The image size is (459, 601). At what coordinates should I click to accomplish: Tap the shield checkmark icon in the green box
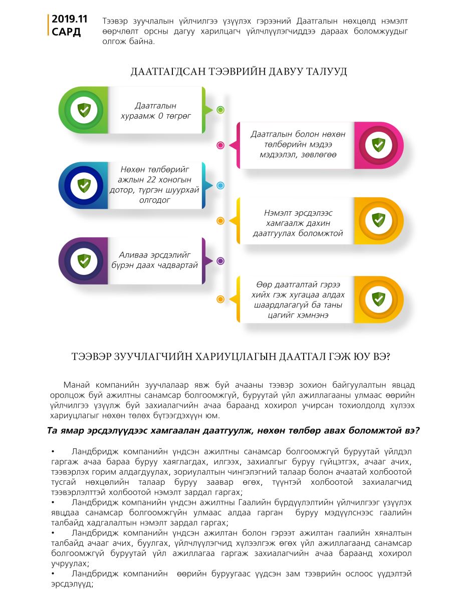pos(84,110)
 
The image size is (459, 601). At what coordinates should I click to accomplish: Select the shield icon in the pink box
pos(378,145)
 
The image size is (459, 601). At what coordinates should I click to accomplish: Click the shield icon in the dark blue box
pos(84,186)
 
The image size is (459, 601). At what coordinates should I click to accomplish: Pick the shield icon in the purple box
pos(84,261)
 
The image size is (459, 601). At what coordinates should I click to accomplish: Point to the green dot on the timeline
pos(220,110)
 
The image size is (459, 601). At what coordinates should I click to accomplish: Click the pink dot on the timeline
pos(220,145)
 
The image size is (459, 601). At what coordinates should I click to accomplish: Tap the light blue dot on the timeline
pos(220,186)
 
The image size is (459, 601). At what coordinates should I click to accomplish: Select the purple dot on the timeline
pos(220,261)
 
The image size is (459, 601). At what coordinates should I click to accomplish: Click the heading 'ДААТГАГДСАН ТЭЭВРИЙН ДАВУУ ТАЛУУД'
pos(239,72)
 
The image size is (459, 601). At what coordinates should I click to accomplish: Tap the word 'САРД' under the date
pos(66,32)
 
